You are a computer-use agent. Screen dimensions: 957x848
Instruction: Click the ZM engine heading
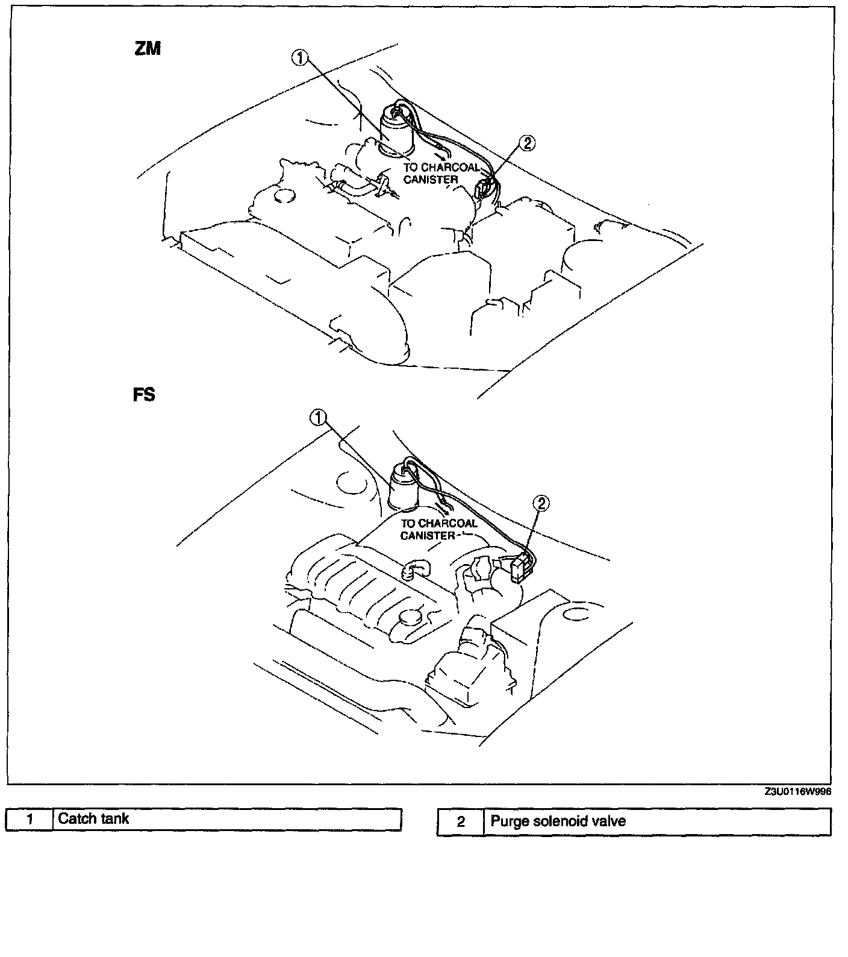point(148,48)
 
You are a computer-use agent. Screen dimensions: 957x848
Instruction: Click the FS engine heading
point(144,395)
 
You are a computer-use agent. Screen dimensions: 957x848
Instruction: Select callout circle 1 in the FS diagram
point(319,417)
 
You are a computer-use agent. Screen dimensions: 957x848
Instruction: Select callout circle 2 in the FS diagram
point(541,503)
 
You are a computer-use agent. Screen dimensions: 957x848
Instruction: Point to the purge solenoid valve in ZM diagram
point(485,189)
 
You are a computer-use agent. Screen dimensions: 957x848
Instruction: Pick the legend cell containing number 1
point(30,820)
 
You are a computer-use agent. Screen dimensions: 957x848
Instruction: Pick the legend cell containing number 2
point(461,821)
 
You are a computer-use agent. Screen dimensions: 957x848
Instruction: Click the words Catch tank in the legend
point(93,818)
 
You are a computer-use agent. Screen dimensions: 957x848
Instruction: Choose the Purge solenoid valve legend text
point(558,821)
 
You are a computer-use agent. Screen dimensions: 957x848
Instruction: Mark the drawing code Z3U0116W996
point(798,792)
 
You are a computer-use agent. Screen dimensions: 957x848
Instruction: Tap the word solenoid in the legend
point(548,821)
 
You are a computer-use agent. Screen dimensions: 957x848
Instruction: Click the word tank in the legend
point(116,818)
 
